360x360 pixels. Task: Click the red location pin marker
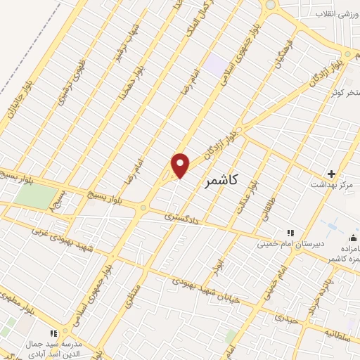coord(181,165)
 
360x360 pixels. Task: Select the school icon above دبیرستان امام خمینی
coord(288,233)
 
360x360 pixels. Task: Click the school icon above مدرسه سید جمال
coord(52,333)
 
